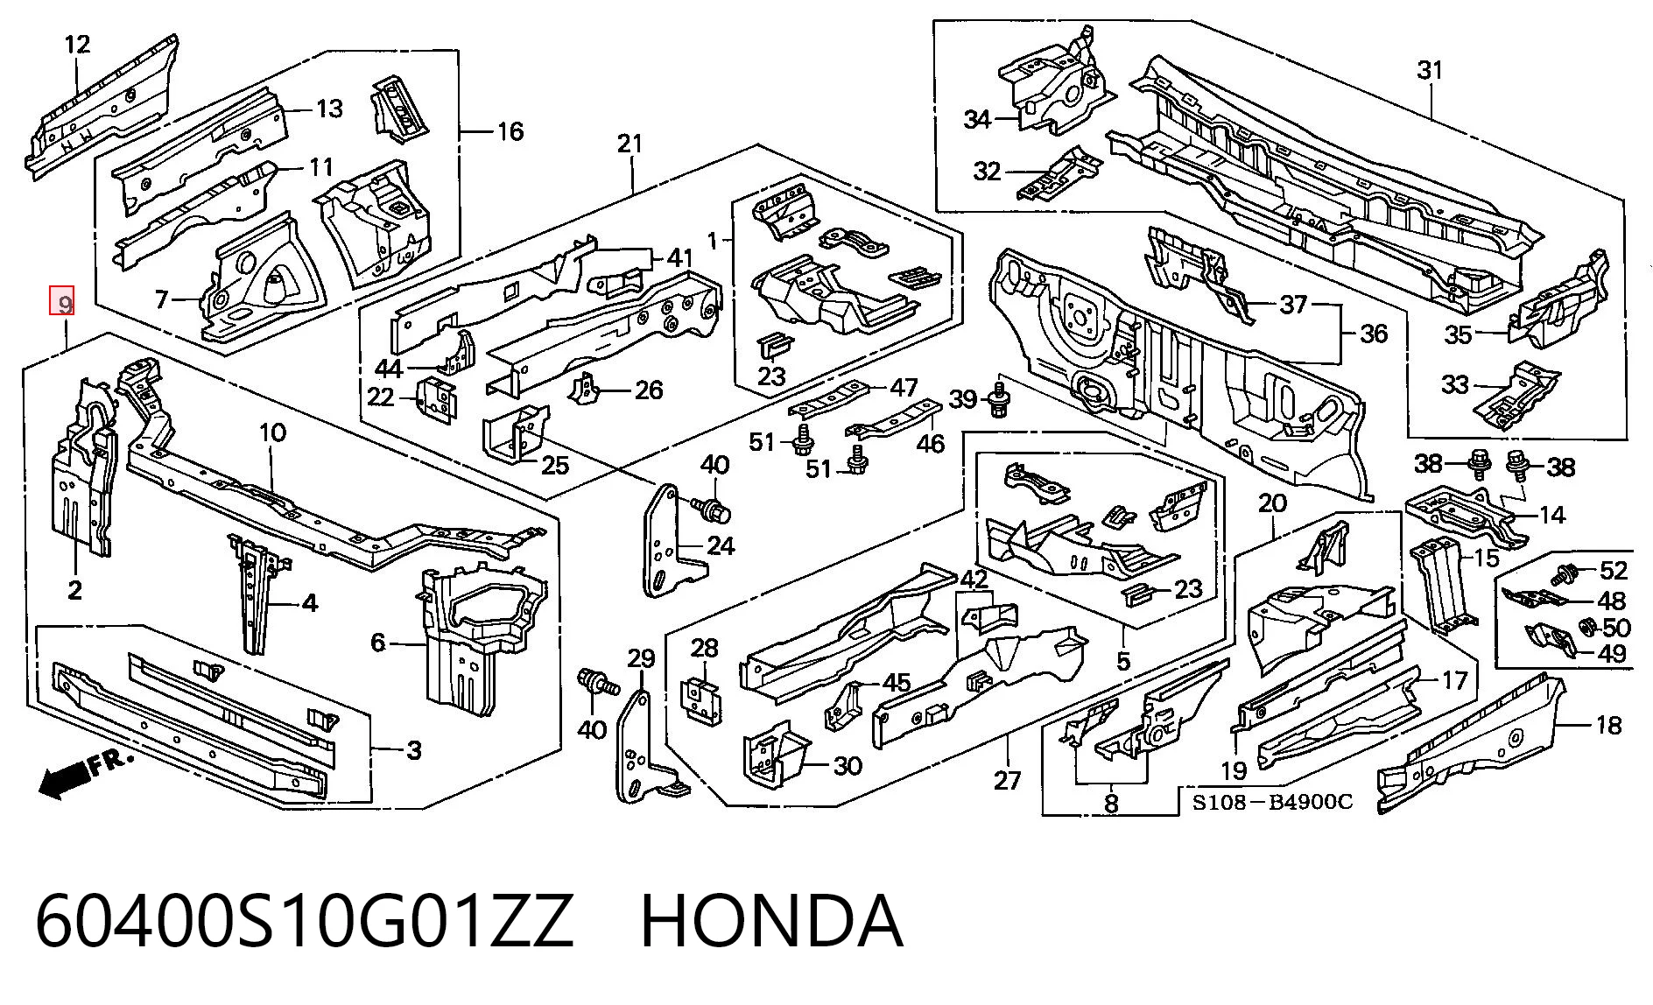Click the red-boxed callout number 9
(62, 302)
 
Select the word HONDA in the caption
(771, 922)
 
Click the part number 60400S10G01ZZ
(304, 922)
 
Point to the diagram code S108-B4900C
(1271, 801)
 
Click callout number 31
(1429, 70)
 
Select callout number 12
(77, 44)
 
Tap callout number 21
(630, 144)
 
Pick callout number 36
(1374, 334)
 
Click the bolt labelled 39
(997, 399)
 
